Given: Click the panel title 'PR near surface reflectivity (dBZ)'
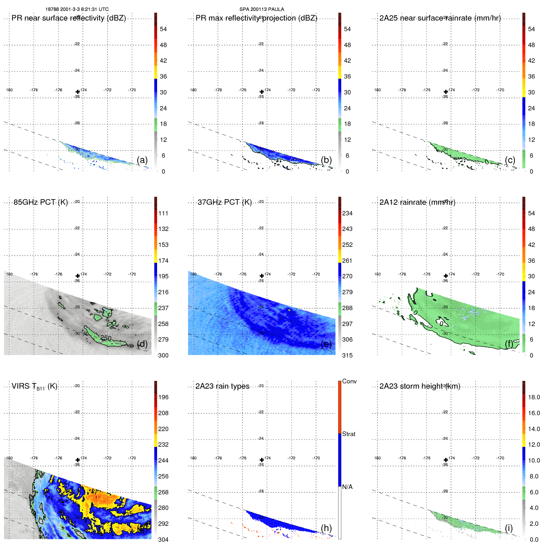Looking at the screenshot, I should [x=69, y=18].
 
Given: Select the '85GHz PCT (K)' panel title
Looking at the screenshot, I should [x=41, y=202].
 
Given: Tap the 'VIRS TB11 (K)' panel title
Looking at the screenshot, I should [x=34, y=386].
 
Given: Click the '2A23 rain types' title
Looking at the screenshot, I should [x=222, y=386].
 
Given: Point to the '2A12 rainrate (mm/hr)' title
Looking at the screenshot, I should [x=417, y=202].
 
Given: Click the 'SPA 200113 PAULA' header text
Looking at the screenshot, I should [x=262, y=9].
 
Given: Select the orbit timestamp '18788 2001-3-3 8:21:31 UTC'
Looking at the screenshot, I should [x=77, y=9].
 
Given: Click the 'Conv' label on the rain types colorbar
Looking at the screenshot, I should [x=349, y=381].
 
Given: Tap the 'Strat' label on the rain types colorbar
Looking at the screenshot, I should [x=348, y=434].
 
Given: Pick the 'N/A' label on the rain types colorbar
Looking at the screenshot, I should [x=347, y=487].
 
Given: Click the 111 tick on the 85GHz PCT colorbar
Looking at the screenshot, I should [x=163, y=213].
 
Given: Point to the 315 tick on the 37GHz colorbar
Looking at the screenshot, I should [x=347, y=355].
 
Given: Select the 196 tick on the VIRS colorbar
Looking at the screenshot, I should [x=163, y=397].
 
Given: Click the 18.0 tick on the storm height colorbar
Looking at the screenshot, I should [x=534, y=397].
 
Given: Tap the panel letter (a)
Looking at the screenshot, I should [x=142, y=160].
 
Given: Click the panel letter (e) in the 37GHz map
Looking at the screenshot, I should [x=326, y=344].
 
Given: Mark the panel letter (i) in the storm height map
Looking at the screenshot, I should [x=509, y=528].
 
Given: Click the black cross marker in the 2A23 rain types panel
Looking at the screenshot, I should [x=262, y=460].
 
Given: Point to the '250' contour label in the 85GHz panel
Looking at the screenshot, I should [x=106, y=338].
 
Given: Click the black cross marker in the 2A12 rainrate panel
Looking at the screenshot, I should [x=446, y=276].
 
